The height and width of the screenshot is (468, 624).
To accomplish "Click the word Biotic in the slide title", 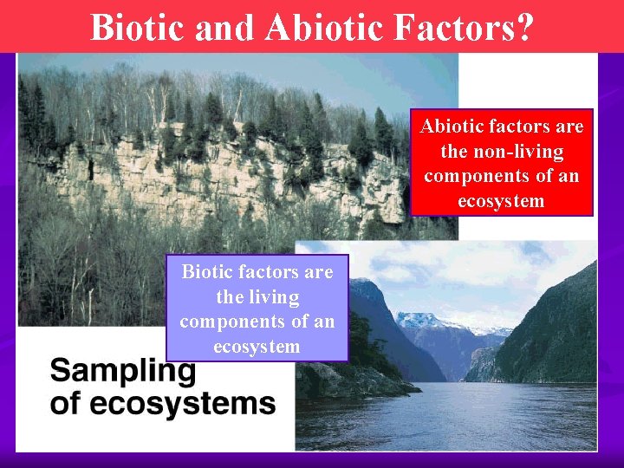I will click(x=139, y=27).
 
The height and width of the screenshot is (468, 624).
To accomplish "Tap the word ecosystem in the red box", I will click(x=502, y=201).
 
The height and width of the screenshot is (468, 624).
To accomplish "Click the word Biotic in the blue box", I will click(x=206, y=272).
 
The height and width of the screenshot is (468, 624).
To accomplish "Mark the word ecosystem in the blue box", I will click(x=257, y=347).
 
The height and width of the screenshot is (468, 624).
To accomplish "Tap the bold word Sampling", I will click(x=122, y=374).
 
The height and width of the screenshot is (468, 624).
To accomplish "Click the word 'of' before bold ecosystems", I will click(x=63, y=403).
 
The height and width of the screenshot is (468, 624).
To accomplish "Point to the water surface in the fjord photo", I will click(x=451, y=416).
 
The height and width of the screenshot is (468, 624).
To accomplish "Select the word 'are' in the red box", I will click(x=569, y=127).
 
